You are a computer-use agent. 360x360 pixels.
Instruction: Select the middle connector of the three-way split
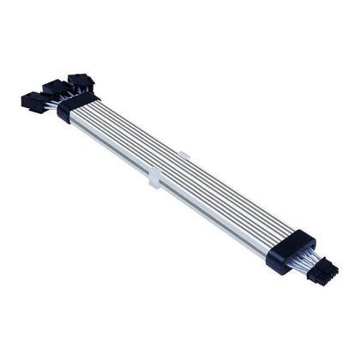51,87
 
